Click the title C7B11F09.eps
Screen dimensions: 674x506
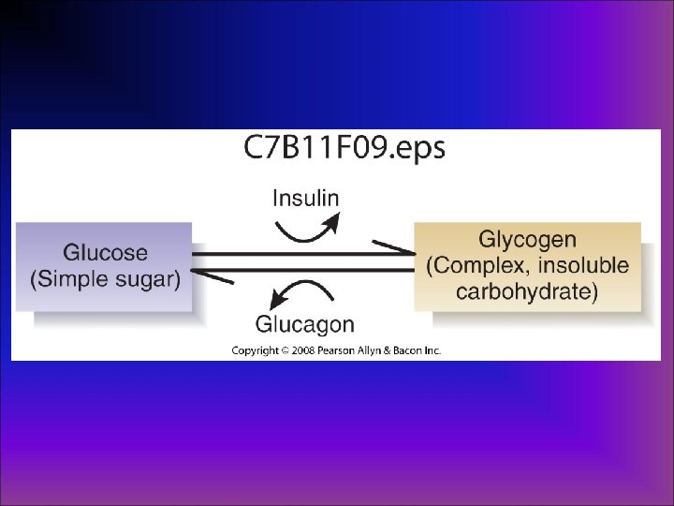[x=345, y=149]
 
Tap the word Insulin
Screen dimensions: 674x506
[x=305, y=198]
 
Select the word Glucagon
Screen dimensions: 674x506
[x=305, y=325]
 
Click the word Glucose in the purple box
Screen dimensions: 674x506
[x=105, y=252]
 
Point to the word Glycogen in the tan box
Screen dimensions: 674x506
[x=527, y=240]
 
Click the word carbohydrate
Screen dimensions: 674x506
[x=527, y=291]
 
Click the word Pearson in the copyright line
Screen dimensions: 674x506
[x=335, y=351]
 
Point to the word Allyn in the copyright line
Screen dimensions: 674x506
[x=371, y=351]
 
